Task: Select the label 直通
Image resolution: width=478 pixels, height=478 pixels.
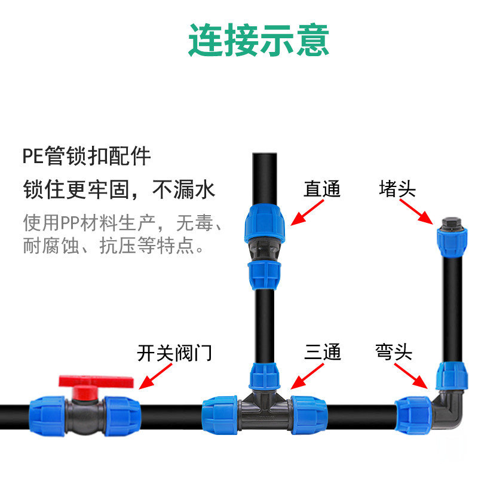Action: (x=322, y=189)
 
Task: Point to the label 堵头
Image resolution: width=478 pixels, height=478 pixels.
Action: (x=397, y=189)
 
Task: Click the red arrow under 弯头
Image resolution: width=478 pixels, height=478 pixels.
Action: (x=413, y=376)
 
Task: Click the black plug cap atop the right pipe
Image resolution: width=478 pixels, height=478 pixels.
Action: (x=449, y=225)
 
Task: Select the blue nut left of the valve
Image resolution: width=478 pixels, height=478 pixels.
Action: (x=48, y=413)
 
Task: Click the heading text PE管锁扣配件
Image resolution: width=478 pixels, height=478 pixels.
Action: (x=87, y=158)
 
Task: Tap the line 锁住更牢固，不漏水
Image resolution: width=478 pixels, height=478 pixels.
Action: (x=118, y=190)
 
